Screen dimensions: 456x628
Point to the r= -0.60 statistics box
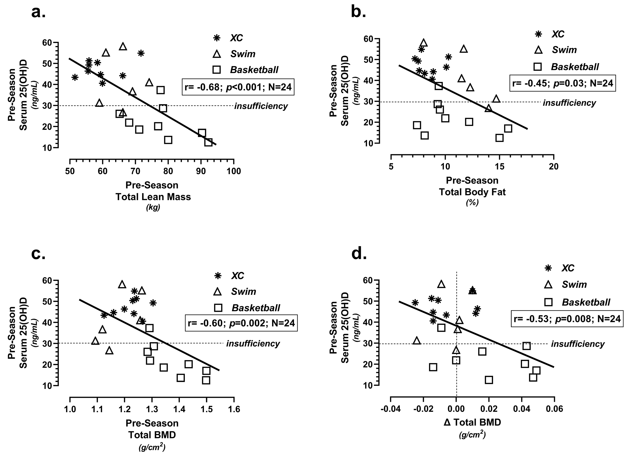(x=241, y=323)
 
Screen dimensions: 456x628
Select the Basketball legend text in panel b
(x=575, y=67)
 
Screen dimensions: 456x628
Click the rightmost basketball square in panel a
(x=208, y=142)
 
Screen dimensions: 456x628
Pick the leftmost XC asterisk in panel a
(x=75, y=77)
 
